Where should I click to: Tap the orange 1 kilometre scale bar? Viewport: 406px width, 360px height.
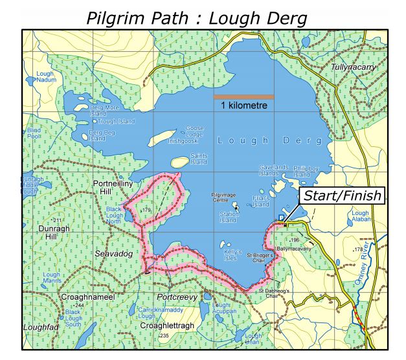(x=243, y=97)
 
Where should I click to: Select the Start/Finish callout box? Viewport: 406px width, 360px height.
(x=341, y=196)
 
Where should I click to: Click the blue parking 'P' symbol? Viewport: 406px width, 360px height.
(x=281, y=218)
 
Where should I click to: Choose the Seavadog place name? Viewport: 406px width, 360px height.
(x=113, y=254)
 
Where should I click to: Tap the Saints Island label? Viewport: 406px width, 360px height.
(x=199, y=159)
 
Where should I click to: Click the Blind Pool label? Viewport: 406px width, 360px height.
(x=33, y=133)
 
